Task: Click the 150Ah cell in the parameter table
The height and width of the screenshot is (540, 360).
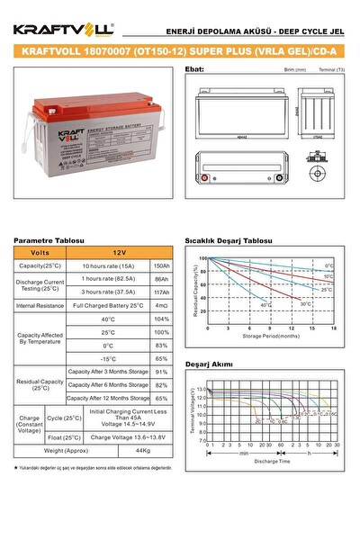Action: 162,266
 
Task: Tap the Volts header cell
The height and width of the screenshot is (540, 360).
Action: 40,253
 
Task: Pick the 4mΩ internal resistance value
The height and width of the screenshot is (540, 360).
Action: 162,306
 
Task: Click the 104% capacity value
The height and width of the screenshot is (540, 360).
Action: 162,319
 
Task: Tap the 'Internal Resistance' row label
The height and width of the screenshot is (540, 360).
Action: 40,306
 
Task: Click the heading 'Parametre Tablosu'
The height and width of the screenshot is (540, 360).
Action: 49,241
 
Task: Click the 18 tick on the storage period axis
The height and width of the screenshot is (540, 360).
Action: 334,328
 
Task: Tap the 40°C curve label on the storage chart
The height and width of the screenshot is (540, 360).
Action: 265,305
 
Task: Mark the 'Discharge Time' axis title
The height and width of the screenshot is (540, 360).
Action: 271,461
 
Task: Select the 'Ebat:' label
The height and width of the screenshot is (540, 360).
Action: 193,67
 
